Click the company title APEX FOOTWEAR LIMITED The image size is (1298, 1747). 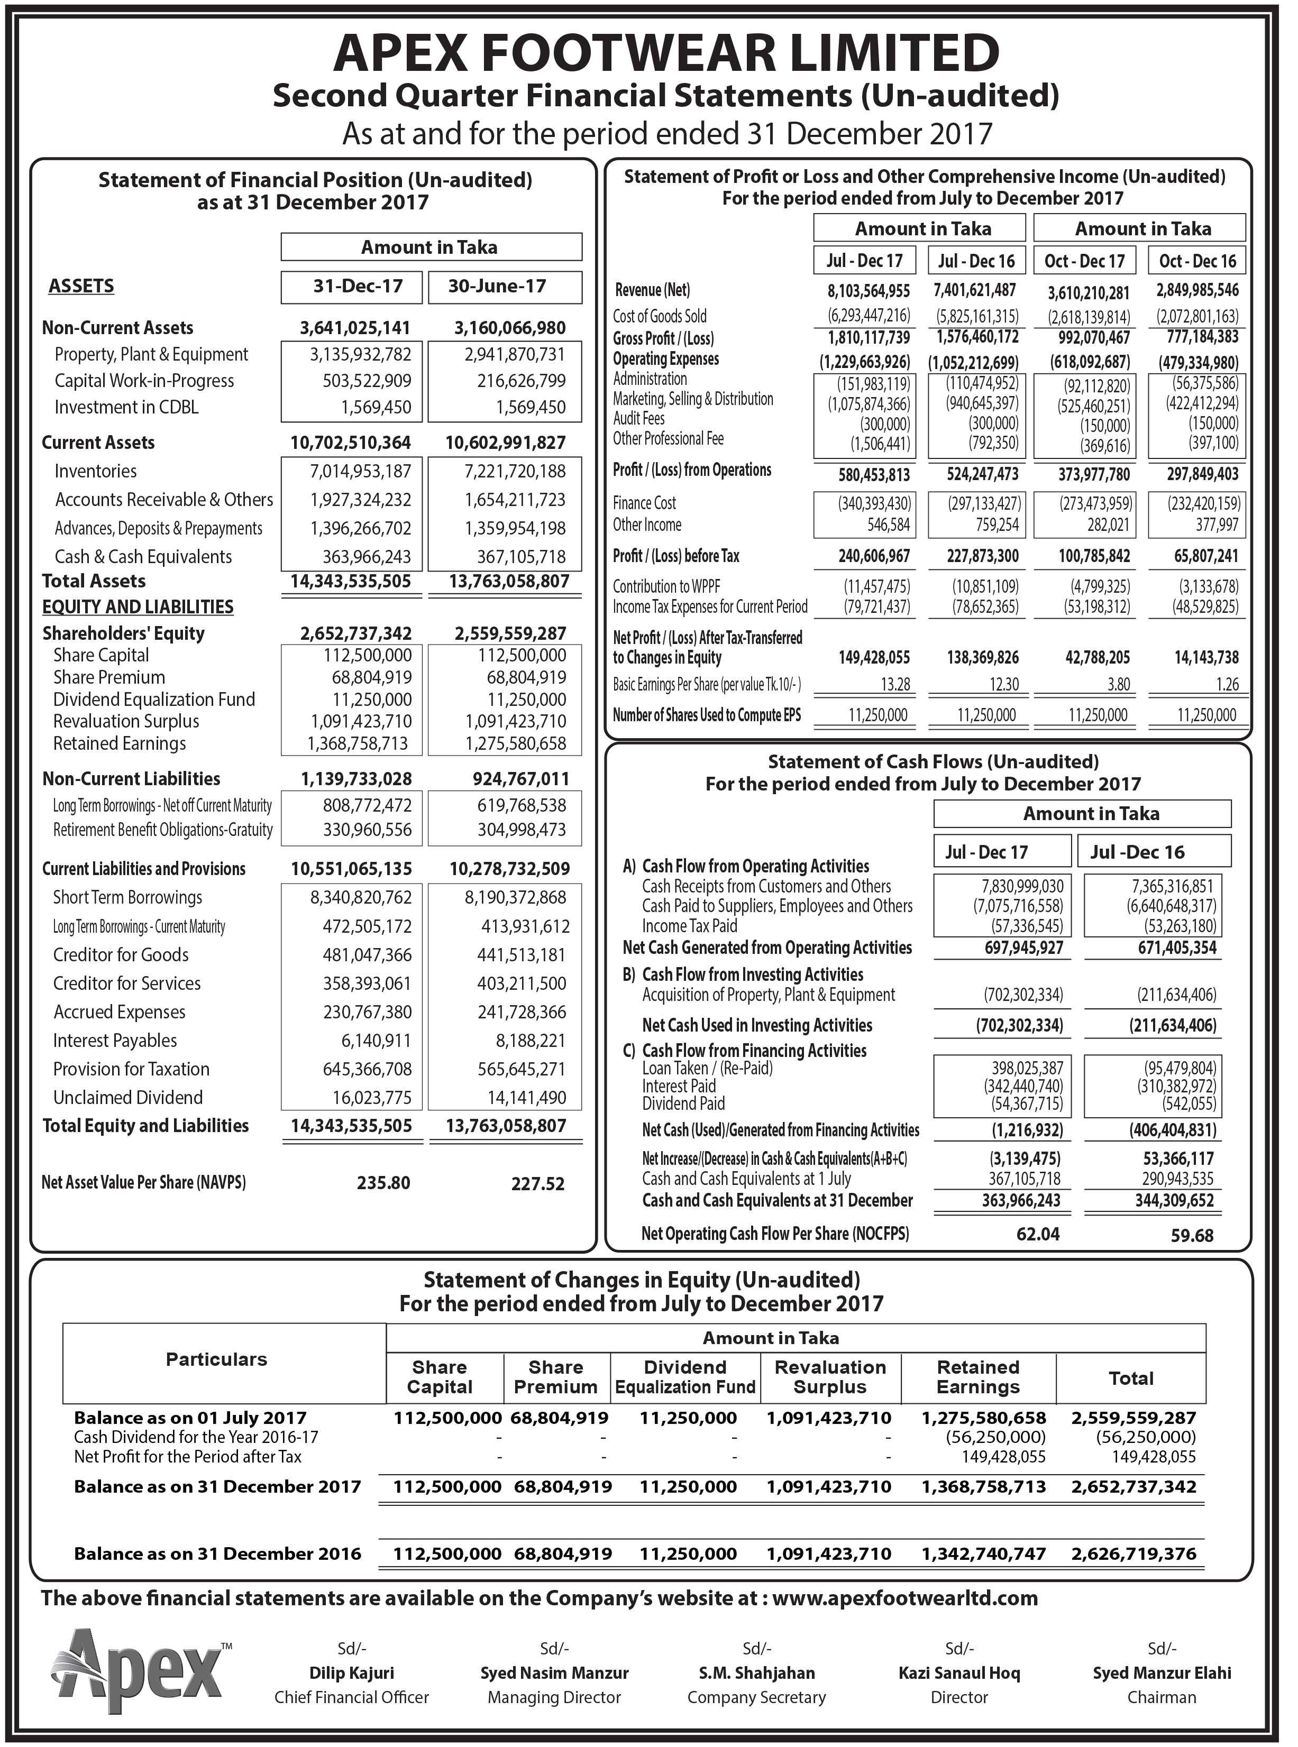click(x=666, y=53)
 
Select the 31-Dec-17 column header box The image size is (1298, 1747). click(x=358, y=287)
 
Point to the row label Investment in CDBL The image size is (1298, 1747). click(x=126, y=408)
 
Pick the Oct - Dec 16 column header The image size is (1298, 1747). click(x=1198, y=261)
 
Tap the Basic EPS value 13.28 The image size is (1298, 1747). click(x=895, y=685)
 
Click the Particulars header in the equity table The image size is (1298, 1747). click(x=216, y=1360)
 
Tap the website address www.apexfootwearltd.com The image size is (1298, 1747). click(x=905, y=1598)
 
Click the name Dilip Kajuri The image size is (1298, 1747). click(x=352, y=1673)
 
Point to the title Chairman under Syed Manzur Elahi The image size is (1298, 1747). click(x=1162, y=1697)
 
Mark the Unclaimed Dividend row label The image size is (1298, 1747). click(x=128, y=1098)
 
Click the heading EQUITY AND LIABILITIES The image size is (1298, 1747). click(x=138, y=607)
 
